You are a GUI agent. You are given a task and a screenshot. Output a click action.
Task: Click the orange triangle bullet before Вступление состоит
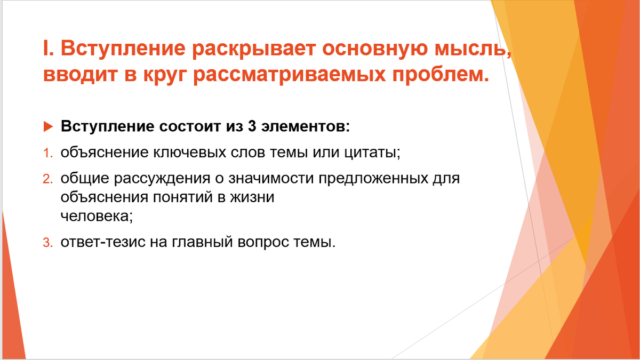(x=48, y=127)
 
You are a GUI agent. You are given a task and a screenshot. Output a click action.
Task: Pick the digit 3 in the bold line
(x=252, y=127)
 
